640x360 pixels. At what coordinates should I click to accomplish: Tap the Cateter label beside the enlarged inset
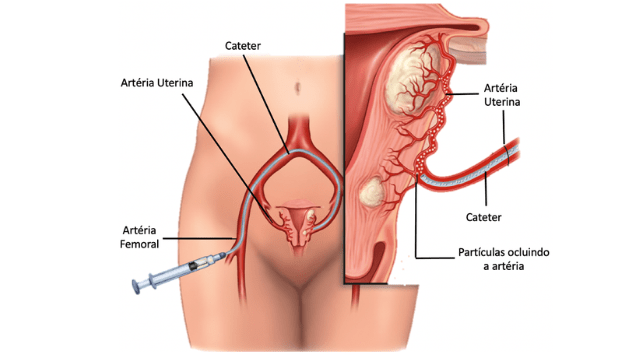pyautogui.click(x=483, y=215)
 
